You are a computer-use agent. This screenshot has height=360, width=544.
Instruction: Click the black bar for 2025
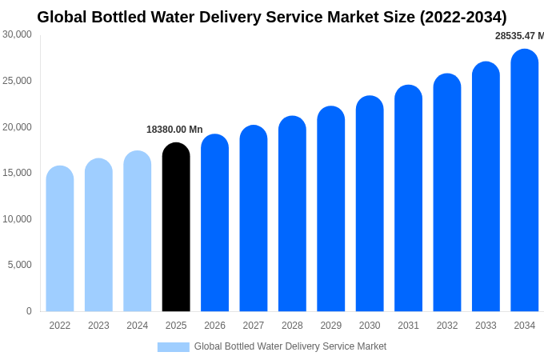[176, 228]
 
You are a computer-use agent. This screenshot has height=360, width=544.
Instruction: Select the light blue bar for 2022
[60, 239]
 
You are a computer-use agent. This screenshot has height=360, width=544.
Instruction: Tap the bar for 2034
[525, 181]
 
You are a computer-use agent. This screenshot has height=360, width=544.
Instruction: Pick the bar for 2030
[370, 204]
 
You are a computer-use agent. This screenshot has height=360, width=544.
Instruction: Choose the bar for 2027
[254, 219]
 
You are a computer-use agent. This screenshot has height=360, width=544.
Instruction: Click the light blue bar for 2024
[138, 232]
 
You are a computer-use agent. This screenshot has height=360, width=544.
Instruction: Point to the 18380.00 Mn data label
[174, 130]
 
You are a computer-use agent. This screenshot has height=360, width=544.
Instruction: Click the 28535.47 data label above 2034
[519, 36]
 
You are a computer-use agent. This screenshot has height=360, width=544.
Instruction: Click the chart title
[272, 17]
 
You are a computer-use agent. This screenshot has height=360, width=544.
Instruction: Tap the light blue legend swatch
[173, 347]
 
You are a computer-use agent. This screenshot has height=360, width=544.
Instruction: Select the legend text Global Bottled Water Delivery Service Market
[290, 346]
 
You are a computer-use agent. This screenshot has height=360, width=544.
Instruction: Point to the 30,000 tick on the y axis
[17, 34]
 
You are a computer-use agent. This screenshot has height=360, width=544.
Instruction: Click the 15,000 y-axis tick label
[17, 173]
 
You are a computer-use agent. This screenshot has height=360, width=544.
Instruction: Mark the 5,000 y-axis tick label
[20, 265]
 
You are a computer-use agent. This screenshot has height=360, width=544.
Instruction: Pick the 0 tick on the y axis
[29, 311]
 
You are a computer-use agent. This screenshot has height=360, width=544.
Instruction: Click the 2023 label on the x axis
[98, 326]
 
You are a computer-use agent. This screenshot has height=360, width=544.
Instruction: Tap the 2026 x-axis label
[214, 326]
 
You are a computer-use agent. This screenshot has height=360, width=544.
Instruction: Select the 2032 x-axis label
[447, 326]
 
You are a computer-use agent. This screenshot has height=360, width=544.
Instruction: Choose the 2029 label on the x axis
[331, 326]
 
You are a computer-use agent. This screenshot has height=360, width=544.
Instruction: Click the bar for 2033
[486, 187]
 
